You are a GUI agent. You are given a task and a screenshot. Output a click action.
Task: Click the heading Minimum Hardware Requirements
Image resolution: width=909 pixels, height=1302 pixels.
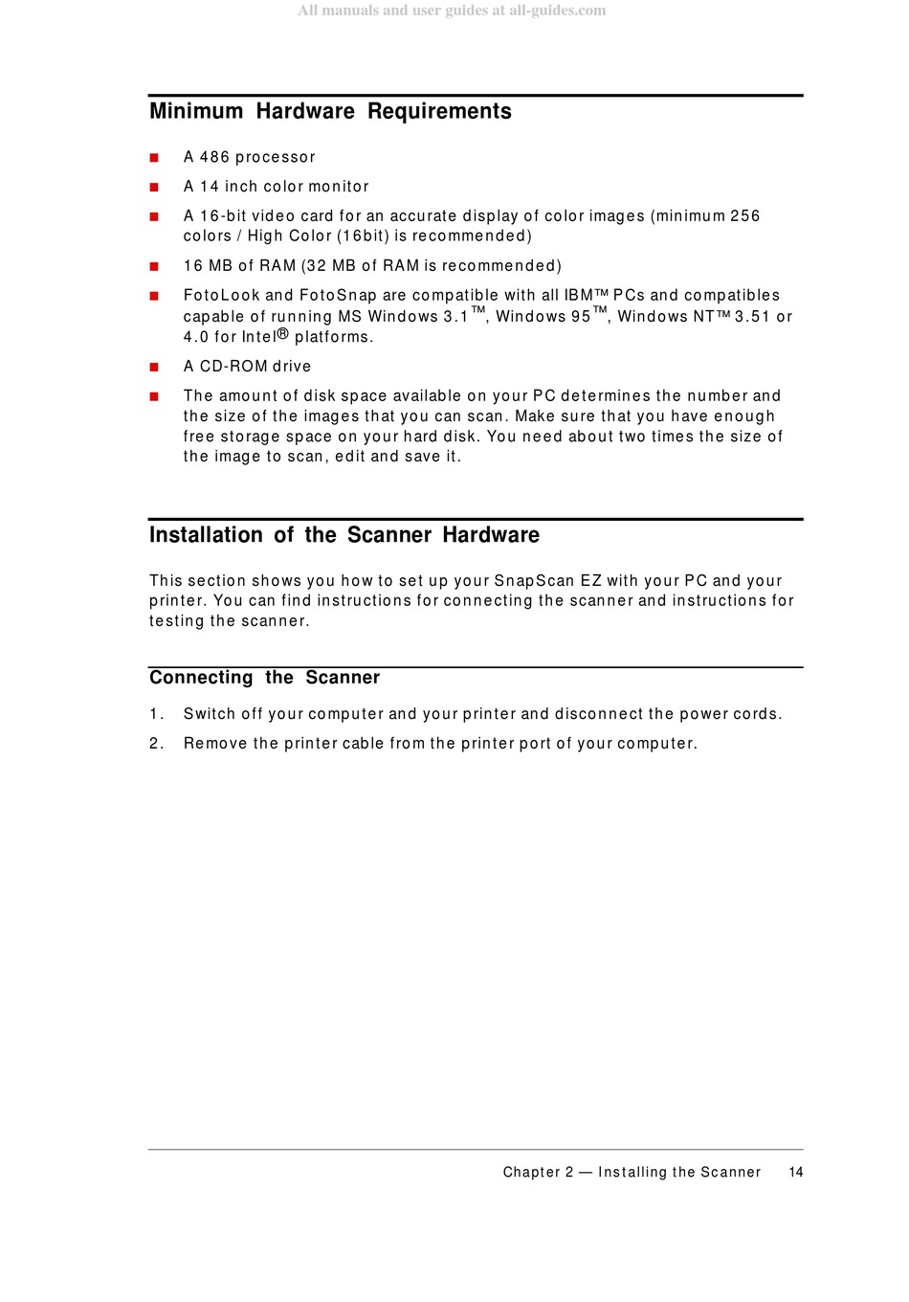[x=330, y=111]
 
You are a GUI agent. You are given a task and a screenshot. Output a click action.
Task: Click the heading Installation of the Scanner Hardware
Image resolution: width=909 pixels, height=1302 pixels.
[x=344, y=535]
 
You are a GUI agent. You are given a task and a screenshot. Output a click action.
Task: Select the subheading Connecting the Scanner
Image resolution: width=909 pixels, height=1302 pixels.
[x=264, y=678]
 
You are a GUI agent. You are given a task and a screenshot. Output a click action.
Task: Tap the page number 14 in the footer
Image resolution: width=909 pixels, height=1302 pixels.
[x=796, y=1172]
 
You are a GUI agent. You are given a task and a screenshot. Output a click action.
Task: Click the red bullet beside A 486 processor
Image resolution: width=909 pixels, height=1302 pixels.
[x=154, y=158]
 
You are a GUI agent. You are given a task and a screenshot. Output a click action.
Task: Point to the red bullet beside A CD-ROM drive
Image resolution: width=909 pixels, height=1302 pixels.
[x=154, y=367]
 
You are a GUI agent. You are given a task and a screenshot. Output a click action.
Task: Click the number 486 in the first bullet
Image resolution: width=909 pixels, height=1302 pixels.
[x=214, y=157]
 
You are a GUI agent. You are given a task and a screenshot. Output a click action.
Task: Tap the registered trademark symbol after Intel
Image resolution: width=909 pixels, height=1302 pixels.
[x=283, y=334]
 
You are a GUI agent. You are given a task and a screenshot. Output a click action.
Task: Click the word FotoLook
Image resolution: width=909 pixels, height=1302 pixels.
[x=221, y=296]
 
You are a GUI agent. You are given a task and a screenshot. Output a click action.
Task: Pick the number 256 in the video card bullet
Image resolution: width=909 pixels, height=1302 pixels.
[x=744, y=216]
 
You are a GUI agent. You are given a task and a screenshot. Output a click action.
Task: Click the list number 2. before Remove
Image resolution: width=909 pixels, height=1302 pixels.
[x=156, y=744]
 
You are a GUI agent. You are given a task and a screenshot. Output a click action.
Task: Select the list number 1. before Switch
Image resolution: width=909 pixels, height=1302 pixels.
[x=156, y=714]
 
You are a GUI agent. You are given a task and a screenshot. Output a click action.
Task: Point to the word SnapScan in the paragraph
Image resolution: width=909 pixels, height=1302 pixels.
[x=534, y=581]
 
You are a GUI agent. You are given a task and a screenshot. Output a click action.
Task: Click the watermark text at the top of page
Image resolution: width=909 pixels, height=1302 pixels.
[x=452, y=11]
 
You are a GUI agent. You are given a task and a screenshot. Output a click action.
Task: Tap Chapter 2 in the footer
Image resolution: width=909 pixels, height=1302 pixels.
[x=538, y=1172]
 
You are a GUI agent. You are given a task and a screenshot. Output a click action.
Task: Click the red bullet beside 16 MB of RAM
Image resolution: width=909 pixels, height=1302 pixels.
[x=154, y=266]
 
